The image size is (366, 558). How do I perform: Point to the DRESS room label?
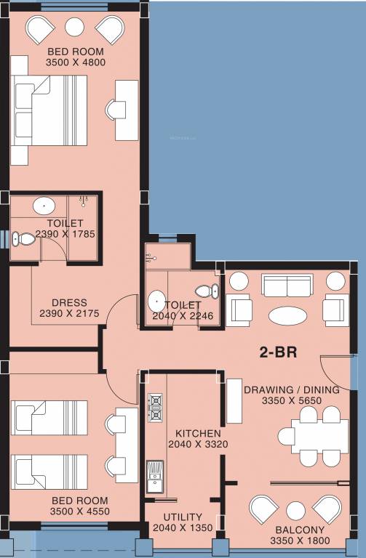[x=69, y=303]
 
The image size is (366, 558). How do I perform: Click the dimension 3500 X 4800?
[x=76, y=62]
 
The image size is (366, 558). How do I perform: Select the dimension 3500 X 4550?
[x=76, y=511]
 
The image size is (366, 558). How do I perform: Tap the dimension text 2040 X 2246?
[x=180, y=316]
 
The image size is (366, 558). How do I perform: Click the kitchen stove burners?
[x=155, y=408]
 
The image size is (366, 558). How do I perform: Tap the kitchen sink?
[x=154, y=475]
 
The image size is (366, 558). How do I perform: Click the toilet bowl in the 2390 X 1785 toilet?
[x=26, y=238]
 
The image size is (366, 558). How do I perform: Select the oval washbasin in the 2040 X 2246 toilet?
[x=156, y=300]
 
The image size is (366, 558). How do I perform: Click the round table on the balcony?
[x=295, y=511]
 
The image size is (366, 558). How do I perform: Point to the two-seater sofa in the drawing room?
[x=286, y=286]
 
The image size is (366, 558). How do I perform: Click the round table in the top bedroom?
[x=75, y=28]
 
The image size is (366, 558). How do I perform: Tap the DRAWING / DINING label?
[x=292, y=390]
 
